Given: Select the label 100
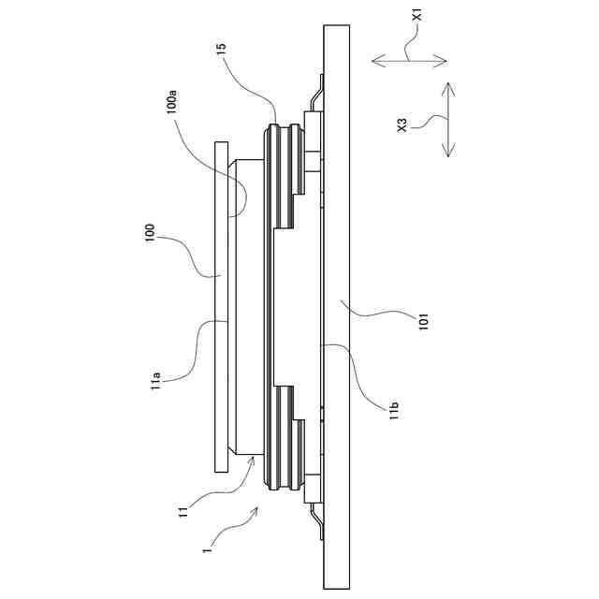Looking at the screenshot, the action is tap(151, 233).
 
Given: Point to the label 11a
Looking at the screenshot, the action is tap(158, 382).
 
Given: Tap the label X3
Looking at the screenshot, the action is tap(402, 124).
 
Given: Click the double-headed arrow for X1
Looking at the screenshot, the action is tap(410, 61).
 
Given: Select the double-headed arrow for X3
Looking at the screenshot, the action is tap(447, 120).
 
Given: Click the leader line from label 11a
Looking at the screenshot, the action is tap(201, 346).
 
